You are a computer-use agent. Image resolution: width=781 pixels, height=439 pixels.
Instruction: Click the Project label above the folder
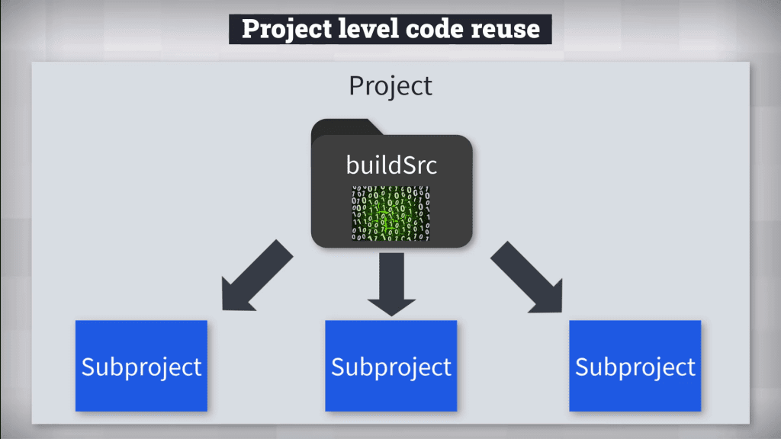coord(390,85)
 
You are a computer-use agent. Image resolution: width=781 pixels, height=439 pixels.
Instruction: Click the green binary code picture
coord(390,213)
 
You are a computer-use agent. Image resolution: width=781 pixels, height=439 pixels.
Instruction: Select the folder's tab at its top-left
coord(339,127)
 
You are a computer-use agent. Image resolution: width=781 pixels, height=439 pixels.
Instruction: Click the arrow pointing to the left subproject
coord(256,275)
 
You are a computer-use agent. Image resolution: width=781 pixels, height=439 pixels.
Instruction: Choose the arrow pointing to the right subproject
coord(526,276)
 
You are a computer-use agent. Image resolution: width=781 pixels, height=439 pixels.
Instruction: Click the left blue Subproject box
coord(142,366)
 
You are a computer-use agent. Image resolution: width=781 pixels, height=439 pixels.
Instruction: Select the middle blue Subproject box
coord(391,366)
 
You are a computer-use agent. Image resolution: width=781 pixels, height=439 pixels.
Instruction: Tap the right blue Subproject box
coord(635,366)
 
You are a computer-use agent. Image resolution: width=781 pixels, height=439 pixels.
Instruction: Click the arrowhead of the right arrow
coord(548,296)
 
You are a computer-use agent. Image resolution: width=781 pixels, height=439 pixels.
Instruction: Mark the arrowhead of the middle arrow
coord(391,304)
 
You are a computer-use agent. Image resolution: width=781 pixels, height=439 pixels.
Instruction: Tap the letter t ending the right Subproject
coord(690,367)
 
